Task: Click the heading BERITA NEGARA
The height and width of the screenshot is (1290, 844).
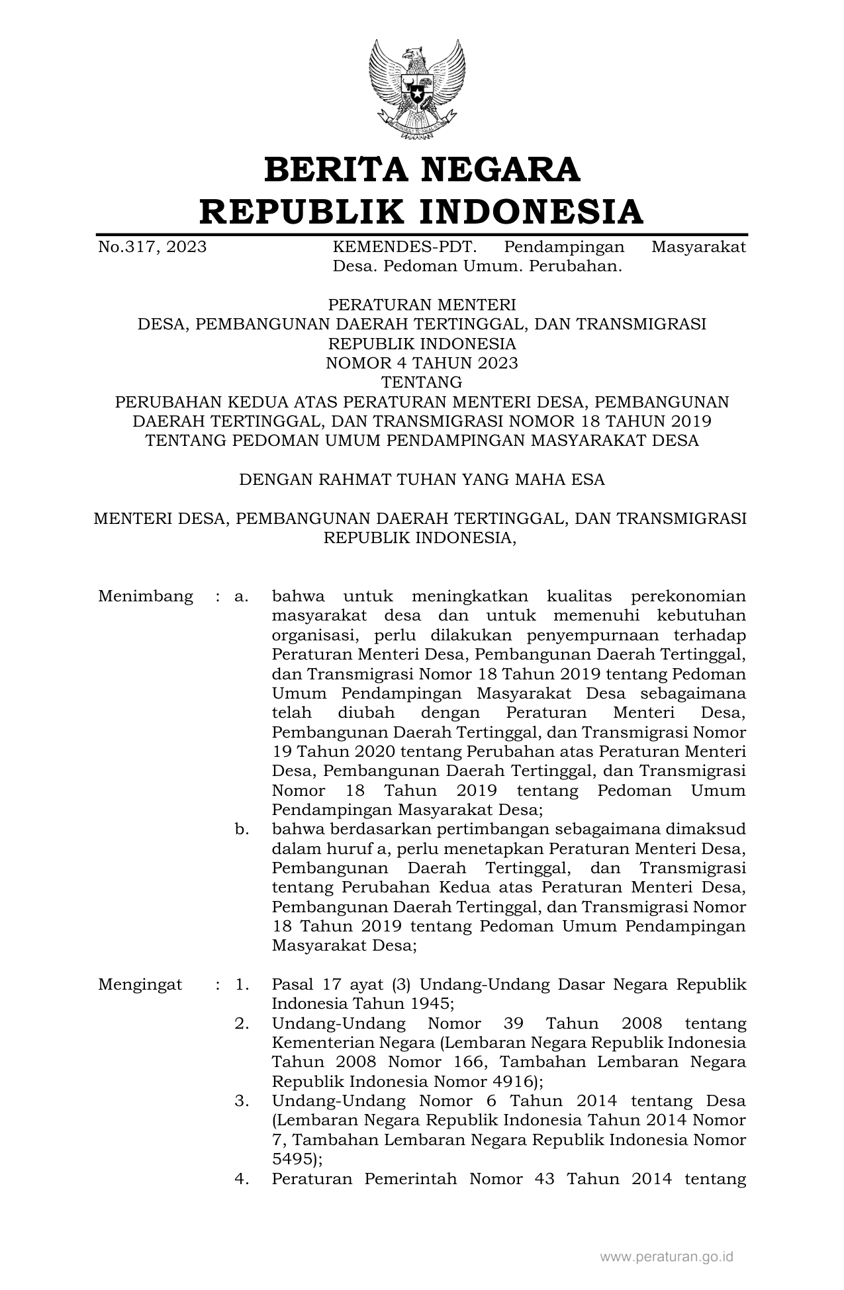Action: coord(422,170)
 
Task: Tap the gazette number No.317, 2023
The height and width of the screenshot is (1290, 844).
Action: coord(152,247)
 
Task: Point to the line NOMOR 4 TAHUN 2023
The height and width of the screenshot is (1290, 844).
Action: coord(422,363)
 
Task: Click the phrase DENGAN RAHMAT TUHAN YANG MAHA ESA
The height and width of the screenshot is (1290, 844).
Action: coord(422,480)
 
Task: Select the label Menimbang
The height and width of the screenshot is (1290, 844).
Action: coord(146,597)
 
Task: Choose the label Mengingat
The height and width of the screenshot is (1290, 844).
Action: coord(140,984)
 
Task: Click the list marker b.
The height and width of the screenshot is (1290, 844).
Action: coord(242,830)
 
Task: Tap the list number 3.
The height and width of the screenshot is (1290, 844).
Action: coord(242,1101)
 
